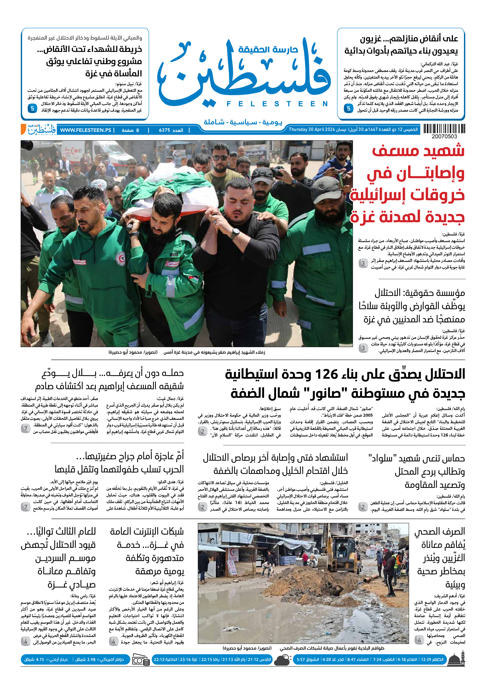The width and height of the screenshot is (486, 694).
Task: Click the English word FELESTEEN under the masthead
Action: coord(277,104)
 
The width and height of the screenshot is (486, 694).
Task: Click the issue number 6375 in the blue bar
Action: coord(165,130)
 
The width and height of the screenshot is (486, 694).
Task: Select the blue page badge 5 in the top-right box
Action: coord(348,108)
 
